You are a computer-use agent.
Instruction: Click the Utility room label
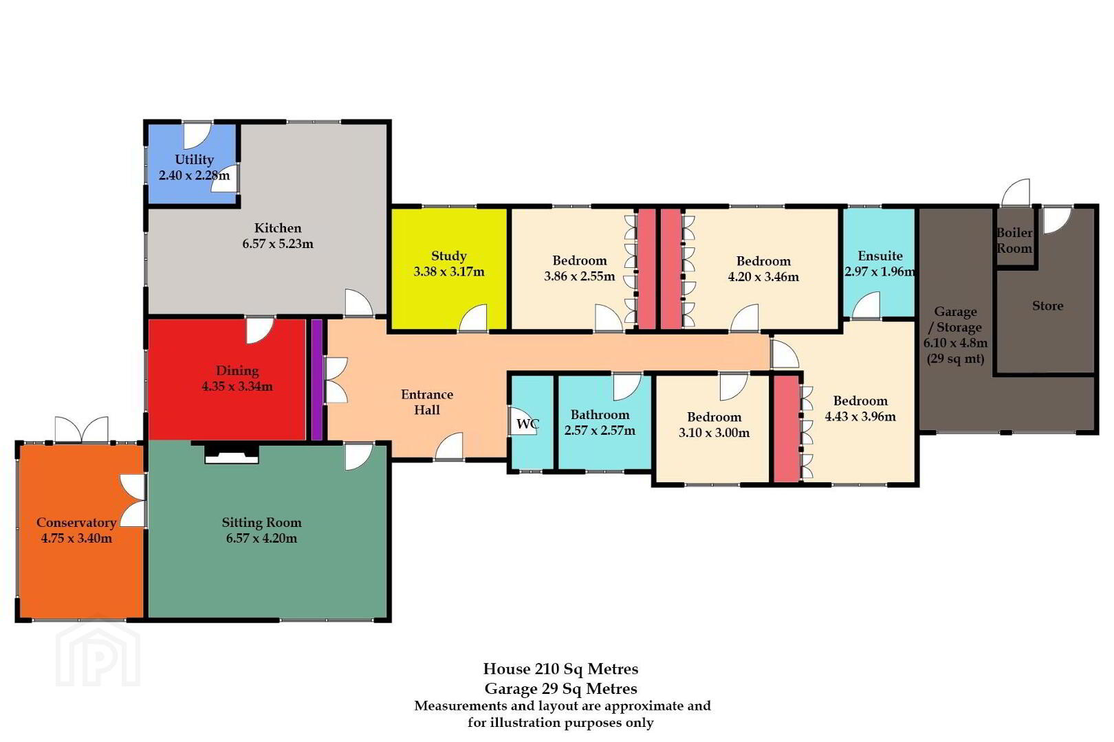coord(194,159)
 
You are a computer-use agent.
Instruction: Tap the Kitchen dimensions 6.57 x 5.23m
coord(278,244)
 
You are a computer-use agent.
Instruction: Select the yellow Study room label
coord(448,256)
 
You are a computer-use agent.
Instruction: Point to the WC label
coord(527,424)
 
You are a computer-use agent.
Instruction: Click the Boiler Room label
coord(1014,240)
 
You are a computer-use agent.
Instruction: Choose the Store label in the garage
coord(1047,306)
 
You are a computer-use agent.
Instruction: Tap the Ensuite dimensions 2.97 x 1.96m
coord(880,272)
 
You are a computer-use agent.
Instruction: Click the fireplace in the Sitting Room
coord(232,454)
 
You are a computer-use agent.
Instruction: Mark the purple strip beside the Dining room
coord(317,380)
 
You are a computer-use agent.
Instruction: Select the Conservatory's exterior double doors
coord(82,429)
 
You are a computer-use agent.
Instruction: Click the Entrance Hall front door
coord(449,447)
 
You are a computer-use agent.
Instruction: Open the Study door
coord(472,318)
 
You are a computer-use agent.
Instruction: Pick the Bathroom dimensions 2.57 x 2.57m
coord(600,430)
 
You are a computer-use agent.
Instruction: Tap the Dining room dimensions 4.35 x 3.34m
coord(237,386)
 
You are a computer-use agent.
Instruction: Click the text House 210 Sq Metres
coord(560,669)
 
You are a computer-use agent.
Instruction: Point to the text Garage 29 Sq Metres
coord(560,689)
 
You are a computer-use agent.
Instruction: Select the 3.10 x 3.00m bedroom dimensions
coord(714,432)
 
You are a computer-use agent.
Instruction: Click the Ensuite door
coord(866,305)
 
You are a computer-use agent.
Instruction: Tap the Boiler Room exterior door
coord(1016,192)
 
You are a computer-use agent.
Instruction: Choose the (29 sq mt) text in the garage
coord(955,359)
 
